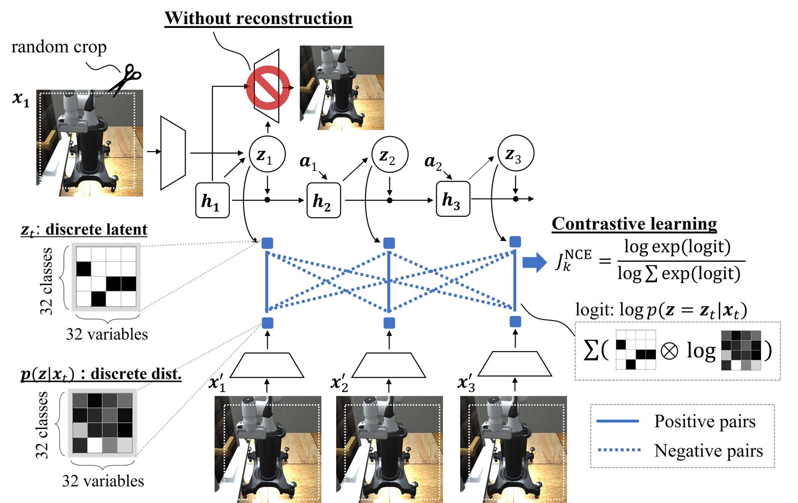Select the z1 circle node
pos(267,155)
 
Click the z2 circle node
pos(390,155)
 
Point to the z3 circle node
pos(516,154)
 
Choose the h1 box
pos(212,200)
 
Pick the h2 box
pos(323,200)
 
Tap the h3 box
pos(453,199)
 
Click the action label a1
pos(308,162)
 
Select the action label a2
pos(432,162)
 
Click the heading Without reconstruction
pos(258,18)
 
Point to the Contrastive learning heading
pos(634,224)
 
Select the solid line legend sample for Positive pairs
pos(617,421)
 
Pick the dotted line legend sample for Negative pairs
pos(619,450)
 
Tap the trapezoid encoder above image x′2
pos(389,365)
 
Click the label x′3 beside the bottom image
pos(466,383)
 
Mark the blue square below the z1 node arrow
pos(267,243)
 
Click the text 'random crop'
pos(59,47)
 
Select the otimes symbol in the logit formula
pos(669,350)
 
